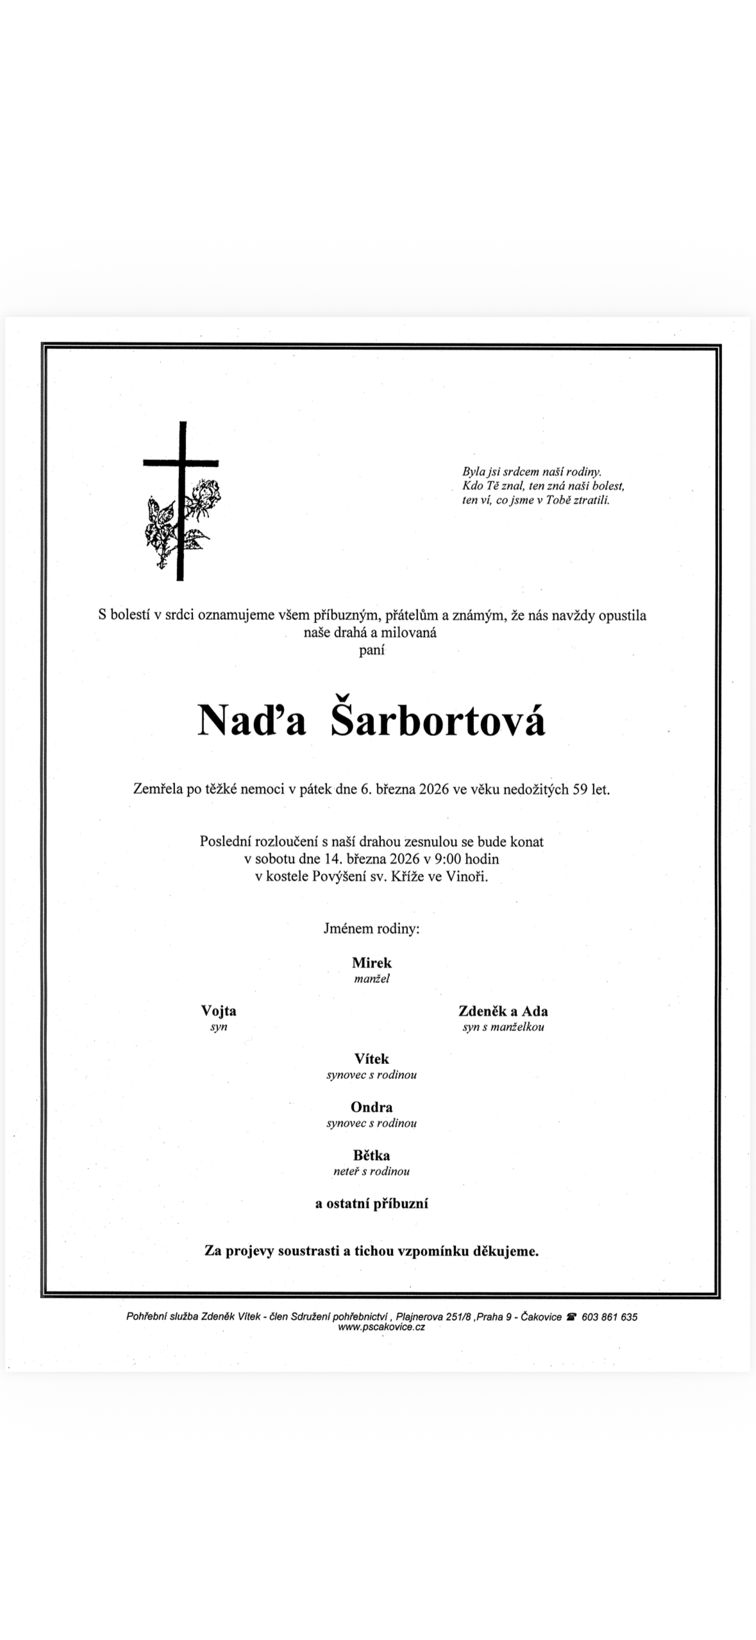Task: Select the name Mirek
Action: point(371,962)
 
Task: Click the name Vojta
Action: point(219,1011)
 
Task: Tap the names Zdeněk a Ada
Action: point(503,1011)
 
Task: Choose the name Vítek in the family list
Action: point(371,1059)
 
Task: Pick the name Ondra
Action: point(371,1107)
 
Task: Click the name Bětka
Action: point(371,1155)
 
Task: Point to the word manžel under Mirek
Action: point(371,978)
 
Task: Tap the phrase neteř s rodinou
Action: point(371,1171)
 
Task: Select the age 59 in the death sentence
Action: point(580,789)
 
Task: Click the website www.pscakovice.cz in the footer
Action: point(381,1326)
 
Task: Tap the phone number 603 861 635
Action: point(609,1317)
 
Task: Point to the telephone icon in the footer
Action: point(571,1317)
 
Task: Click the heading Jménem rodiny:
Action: point(371,928)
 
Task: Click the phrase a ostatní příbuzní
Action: point(371,1204)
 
